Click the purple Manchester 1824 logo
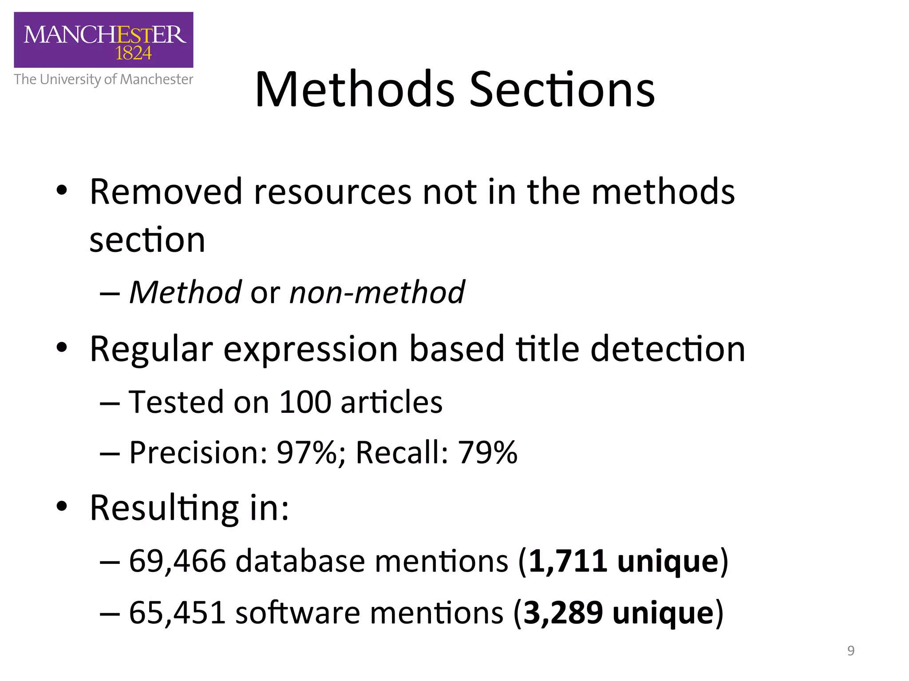click(x=103, y=40)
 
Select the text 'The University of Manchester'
click(x=103, y=79)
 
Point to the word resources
click(x=332, y=192)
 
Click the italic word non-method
click(x=377, y=293)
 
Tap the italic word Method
click(x=185, y=293)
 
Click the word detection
click(x=668, y=349)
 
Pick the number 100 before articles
click(x=305, y=402)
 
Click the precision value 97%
click(x=307, y=453)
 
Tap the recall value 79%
click(x=487, y=453)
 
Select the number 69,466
click(x=178, y=561)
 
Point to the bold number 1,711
click(x=568, y=561)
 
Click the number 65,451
click(x=178, y=613)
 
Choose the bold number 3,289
click(x=563, y=613)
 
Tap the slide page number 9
click(x=850, y=650)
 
